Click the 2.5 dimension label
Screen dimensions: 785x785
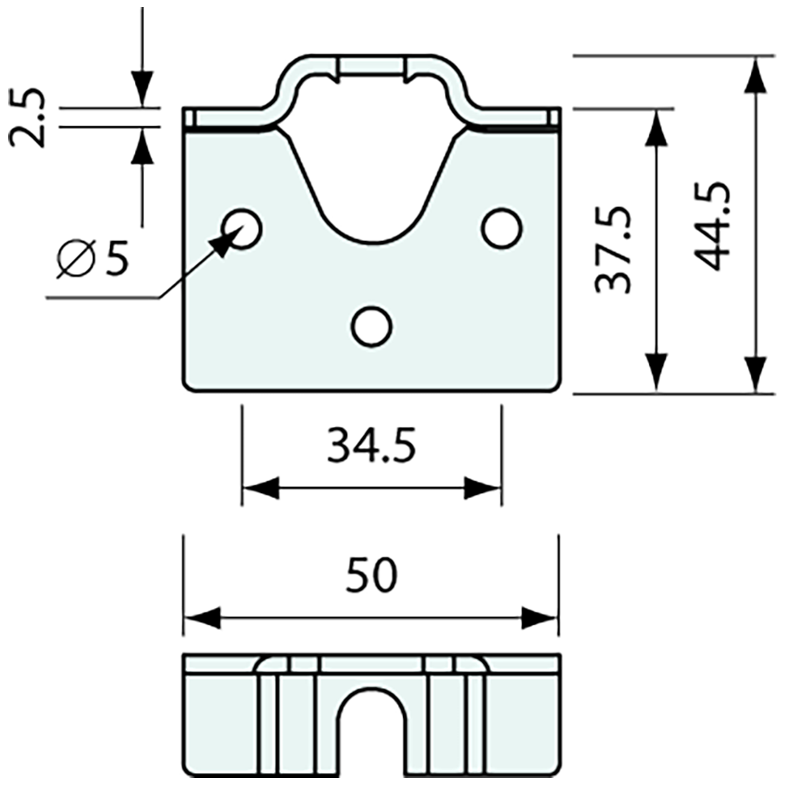(29, 118)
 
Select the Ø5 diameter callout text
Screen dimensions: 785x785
(93, 258)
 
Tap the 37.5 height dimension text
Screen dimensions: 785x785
(613, 250)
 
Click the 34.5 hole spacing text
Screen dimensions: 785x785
(371, 447)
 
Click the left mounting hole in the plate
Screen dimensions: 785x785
(242, 228)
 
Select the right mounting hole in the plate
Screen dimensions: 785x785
(502, 228)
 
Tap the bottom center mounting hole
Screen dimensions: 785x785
(372, 326)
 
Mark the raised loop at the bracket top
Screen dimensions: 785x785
(371, 71)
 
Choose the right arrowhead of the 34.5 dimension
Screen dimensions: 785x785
(484, 489)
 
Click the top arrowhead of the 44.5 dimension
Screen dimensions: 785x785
(755, 74)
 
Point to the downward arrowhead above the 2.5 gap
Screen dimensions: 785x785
(142, 89)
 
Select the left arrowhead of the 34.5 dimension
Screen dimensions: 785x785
(260, 489)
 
